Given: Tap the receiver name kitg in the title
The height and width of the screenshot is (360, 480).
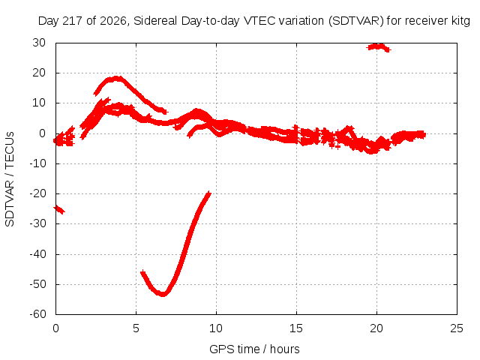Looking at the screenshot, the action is click(x=460, y=21).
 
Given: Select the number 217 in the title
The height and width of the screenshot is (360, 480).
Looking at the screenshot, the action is click(x=72, y=21).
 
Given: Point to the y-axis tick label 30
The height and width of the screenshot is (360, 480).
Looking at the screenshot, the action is click(x=39, y=43).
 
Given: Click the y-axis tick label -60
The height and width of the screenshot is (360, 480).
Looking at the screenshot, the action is click(x=37, y=314).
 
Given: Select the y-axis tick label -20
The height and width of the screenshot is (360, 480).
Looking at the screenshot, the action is click(x=37, y=193).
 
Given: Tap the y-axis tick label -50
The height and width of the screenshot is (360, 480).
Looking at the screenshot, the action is click(x=37, y=284).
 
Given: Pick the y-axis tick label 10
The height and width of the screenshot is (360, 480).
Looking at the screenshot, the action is click(x=39, y=103).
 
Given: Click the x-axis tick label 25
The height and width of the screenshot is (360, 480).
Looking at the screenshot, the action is click(x=457, y=328).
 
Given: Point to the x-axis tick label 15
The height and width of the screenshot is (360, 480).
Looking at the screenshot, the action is click(x=296, y=328).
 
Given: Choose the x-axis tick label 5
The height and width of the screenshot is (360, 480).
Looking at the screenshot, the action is click(x=136, y=328).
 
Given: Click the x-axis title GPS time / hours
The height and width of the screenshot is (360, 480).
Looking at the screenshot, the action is click(x=254, y=349).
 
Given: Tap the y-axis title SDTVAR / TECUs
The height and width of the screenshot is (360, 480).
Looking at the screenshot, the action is click(x=10, y=179).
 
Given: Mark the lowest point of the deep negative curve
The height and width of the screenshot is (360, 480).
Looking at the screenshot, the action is click(x=163, y=295).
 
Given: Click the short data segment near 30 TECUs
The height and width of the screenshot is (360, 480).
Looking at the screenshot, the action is click(x=379, y=47).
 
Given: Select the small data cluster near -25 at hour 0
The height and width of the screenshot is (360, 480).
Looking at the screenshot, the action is click(x=58, y=210).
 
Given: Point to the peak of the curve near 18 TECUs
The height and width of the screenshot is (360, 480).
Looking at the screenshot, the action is click(x=116, y=78).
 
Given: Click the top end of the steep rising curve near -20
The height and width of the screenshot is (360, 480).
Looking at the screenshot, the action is click(x=209, y=193).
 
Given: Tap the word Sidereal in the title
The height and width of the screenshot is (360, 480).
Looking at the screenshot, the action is click(x=155, y=21).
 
